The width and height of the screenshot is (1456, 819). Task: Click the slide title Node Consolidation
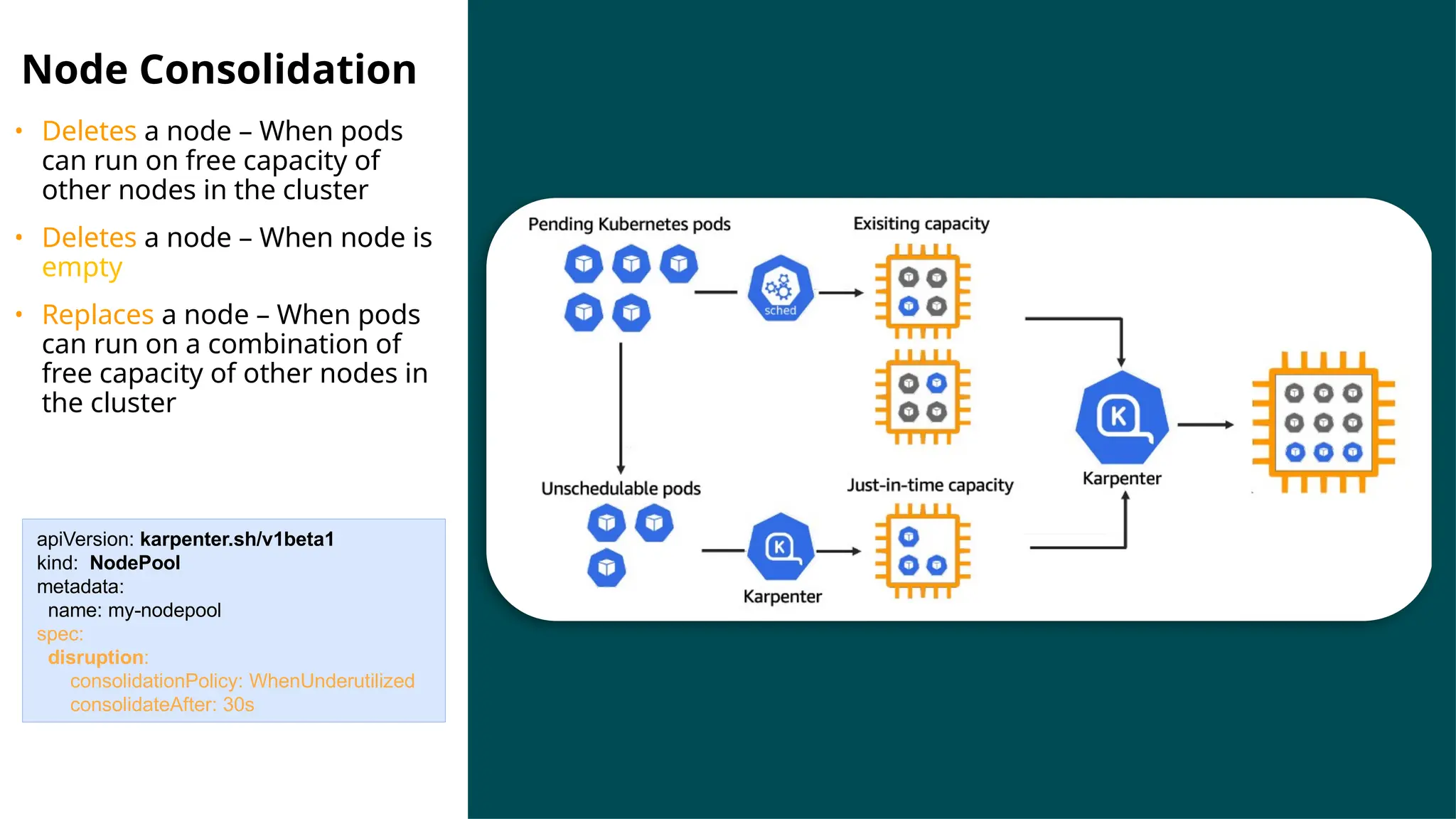click(219, 70)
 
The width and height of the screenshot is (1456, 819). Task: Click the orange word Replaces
click(97, 314)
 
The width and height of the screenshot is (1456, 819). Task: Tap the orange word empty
click(82, 268)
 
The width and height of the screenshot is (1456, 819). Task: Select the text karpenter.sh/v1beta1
click(237, 539)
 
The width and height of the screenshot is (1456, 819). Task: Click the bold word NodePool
click(134, 562)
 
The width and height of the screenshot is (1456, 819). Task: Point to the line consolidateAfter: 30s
click(161, 705)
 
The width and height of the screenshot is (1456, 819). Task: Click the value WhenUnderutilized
click(331, 680)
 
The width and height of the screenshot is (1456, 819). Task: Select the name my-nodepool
click(164, 610)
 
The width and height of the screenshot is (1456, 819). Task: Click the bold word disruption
click(96, 657)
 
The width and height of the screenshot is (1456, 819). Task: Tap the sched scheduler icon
click(780, 288)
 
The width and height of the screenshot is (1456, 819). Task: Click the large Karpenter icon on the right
click(1121, 417)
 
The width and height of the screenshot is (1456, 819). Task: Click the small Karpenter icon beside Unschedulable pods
click(780, 547)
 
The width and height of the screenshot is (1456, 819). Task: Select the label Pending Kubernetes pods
click(628, 224)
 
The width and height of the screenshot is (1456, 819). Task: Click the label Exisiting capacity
click(921, 223)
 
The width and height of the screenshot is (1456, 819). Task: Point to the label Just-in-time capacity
click(929, 485)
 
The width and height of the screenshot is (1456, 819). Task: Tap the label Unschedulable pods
click(621, 488)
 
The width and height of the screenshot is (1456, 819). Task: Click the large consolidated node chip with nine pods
click(1322, 422)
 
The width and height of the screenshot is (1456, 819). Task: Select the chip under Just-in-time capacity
click(922, 551)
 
